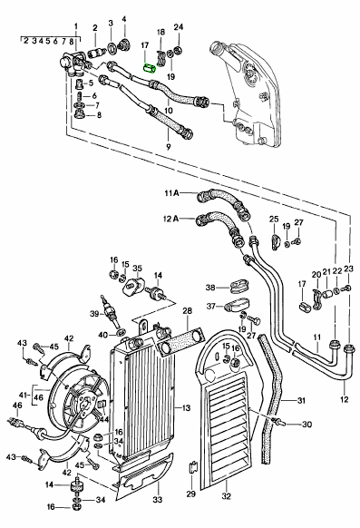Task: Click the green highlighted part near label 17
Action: pyautogui.click(x=149, y=68)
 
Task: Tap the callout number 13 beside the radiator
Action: pyautogui.click(x=187, y=408)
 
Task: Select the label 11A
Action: pyautogui.click(x=172, y=193)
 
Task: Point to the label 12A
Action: pyautogui.click(x=171, y=219)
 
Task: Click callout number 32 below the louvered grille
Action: pyautogui.click(x=227, y=496)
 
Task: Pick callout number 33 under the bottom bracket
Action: pyautogui.click(x=158, y=499)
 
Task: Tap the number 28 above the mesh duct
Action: pyautogui.click(x=187, y=311)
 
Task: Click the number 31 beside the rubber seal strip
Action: pyautogui.click(x=301, y=400)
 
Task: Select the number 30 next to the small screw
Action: pyautogui.click(x=306, y=425)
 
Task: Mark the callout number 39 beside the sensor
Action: pyautogui.click(x=94, y=314)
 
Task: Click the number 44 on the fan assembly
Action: pyautogui.click(x=104, y=419)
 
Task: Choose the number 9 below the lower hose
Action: pyautogui.click(x=169, y=146)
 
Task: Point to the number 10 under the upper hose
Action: pyautogui.click(x=169, y=110)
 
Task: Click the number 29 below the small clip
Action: pyautogui.click(x=190, y=494)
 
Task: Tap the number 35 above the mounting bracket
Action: pyautogui.click(x=137, y=269)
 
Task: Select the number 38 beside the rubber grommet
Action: pyautogui.click(x=210, y=288)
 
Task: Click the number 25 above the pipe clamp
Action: pyautogui.click(x=274, y=220)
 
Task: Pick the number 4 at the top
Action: pyautogui.click(x=124, y=19)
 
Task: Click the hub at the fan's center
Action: pyautogui.click(x=83, y=402)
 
